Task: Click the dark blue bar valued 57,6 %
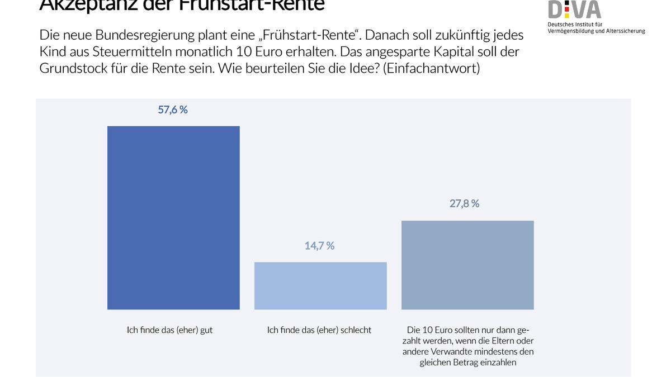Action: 173,218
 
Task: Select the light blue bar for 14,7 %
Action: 320,285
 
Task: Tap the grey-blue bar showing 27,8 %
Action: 467,265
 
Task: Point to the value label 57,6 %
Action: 173,110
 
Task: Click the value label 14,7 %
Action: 320,246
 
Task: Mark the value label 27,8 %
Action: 465,204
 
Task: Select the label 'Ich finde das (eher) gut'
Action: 170,330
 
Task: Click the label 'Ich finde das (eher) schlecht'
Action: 319,330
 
